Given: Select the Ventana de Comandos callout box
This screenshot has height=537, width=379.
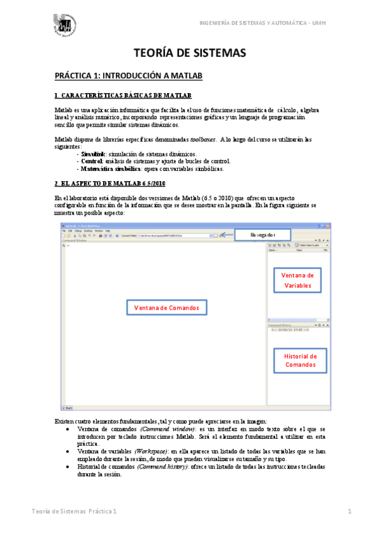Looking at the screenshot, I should point(166,308).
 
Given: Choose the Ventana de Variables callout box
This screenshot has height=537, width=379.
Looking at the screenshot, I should point(297,280).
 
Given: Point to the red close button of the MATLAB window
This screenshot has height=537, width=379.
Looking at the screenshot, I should point(326,226).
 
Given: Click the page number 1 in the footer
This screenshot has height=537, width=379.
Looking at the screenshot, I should point(349,510).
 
